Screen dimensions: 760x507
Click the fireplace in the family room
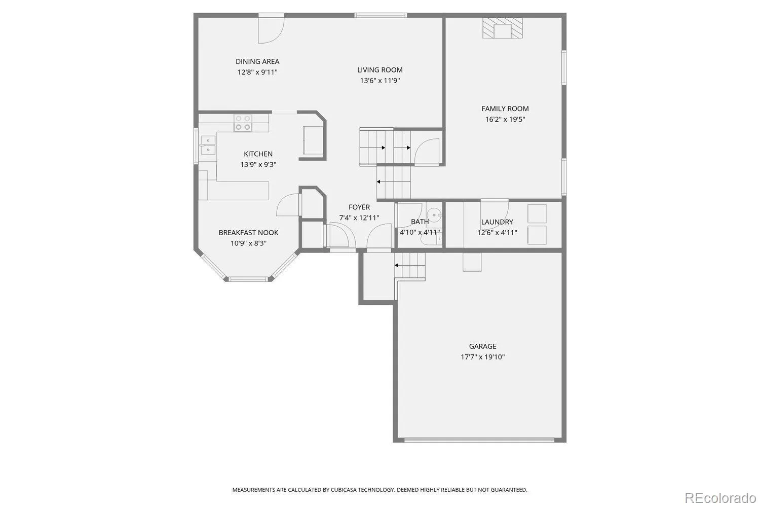point(503,28)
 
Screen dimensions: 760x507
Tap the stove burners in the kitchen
point(243,123)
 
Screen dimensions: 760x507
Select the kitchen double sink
point(208,145)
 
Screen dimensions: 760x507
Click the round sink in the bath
point(434,215)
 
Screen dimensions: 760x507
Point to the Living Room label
point(379,70)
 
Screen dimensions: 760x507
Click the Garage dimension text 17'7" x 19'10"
point(482,357)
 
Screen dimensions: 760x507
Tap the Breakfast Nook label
point(248,233)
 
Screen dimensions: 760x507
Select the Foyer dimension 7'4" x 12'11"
point(359,218)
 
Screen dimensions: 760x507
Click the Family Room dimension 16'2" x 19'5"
point(505,119)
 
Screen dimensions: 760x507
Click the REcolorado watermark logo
point(720,498)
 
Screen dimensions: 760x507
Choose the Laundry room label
point(497,222)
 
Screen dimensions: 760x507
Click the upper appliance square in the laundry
point(537,213)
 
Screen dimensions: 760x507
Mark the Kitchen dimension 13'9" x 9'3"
point(258,165)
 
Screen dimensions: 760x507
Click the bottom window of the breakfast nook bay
point(248,279)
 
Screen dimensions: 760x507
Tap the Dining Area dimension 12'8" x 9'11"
point(257,73)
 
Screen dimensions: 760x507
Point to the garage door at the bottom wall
point(479,440)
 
